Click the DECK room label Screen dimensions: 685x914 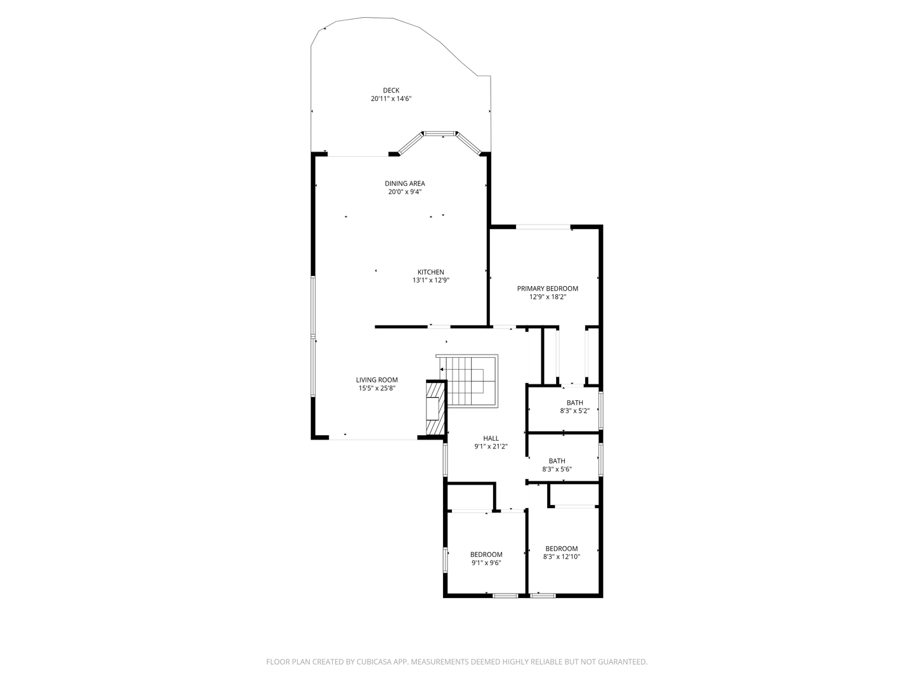pyautogui.click(x=391, y=90)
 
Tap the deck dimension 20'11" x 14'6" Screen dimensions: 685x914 pyautogui.click(x=392, y=99)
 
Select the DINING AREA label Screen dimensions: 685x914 pyautogui.click(x=404, y=183)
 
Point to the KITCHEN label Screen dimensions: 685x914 pyautogui.click(x=430, y=272)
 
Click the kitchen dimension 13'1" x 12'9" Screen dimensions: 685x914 pyautogui.click(x=431, y=280)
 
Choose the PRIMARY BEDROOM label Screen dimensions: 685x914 pyautogui.click(x=547, y=289)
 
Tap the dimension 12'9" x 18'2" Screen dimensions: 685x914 pyautogui.click(x=547, y=297)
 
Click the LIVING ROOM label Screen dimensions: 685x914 pyautogui.click(x=376, y=380)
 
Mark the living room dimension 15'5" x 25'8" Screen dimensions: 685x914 pyautogui.click(x=376, y=388)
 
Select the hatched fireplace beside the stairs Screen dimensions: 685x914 pyautogui.click(x=435, y=409)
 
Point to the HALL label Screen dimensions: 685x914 pyautogui.click(x=491, y=438)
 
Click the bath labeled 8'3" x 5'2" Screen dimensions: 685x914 pyautogui.click(x=574, y=407)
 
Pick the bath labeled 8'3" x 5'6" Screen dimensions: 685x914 pyautogui.click(x=557, y=465)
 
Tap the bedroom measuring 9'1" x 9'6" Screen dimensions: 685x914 pyautogui.click(x=486, y=558)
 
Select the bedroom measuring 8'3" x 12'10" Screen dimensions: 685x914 pyautogui.click(x=561, y=552)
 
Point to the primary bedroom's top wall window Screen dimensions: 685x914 pyautogui.click(x=543, y=226)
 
